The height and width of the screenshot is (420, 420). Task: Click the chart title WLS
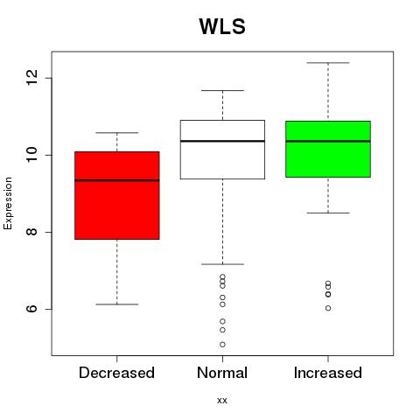coord(222,26)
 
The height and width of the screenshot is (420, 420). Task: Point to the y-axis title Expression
coord(8,203)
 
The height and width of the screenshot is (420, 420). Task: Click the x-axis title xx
coord(222,400)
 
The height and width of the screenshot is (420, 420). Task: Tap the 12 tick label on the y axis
coord(31,78)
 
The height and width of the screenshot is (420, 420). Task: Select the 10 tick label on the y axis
coord(31,155)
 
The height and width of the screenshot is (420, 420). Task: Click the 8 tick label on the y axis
coord(31,232)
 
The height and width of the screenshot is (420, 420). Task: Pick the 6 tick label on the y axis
coord(31,309)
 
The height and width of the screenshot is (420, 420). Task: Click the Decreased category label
coord(116,373)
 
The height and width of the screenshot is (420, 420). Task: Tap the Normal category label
coord(222,373)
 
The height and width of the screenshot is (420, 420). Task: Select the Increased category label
coord(328,373)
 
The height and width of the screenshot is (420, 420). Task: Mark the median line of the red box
coord(117,180)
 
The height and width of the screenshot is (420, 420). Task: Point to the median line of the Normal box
coord(222,141)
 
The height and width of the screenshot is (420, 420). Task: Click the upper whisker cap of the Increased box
coord(328,63)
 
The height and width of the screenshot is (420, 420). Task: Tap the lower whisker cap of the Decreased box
coord(117,304)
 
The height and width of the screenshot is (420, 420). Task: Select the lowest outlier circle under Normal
coord(222,345)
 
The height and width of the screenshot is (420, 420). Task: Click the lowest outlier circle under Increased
coord(328,308)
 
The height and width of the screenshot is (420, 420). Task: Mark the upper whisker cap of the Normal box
coord(222,90)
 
